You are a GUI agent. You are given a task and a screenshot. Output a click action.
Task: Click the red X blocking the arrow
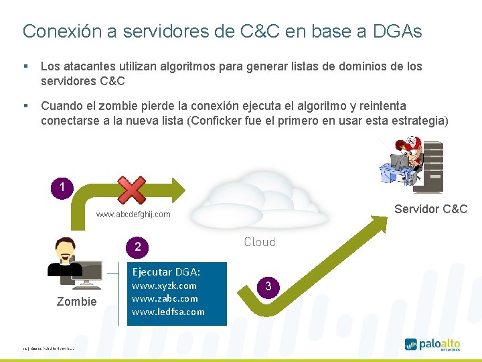pos(132,189)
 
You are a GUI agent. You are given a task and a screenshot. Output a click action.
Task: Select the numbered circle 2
pos(137,247)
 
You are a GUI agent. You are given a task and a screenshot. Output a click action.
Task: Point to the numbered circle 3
pos(268,286)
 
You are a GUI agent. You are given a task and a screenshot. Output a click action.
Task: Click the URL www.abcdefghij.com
pos(133,215)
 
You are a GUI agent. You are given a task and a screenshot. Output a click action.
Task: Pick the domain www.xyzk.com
pos(164,286)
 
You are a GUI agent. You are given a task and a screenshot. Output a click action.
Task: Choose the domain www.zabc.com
pos(165,298)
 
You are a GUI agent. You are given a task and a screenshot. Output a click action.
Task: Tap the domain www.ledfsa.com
pos(168,312)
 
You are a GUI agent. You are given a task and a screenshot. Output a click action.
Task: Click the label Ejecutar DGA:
pos(166,271)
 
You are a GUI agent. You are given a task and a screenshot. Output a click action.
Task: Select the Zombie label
pos(76,302)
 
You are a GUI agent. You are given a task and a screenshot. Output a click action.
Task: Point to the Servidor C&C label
pos(430,209)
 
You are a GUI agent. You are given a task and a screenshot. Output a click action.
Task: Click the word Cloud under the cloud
pos(259,242)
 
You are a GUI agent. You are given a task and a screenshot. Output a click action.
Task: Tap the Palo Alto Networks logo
pos(432,345)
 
